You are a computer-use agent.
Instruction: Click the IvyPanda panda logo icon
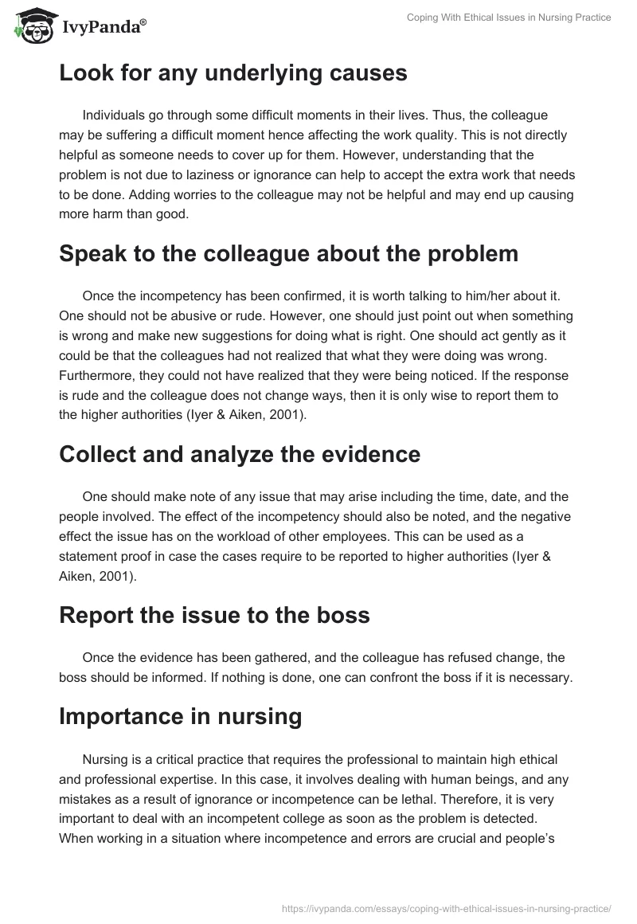[29, 26]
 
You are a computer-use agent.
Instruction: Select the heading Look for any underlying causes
[233, 73]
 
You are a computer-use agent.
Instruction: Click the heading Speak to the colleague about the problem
[288, 253]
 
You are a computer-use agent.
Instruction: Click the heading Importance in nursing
[180, 717]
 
